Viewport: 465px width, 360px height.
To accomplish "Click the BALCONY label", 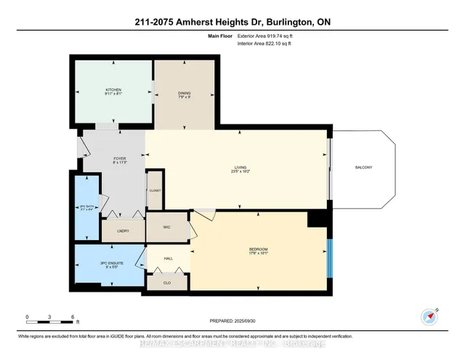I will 363,168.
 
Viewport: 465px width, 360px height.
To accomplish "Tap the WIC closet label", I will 166,226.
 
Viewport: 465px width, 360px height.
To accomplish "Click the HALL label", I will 167,258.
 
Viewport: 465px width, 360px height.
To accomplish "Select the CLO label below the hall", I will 166,282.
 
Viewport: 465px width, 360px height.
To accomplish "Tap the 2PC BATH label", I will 86,209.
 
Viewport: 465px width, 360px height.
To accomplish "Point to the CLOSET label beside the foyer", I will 155,190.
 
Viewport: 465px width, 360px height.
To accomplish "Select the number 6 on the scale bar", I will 73,317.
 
